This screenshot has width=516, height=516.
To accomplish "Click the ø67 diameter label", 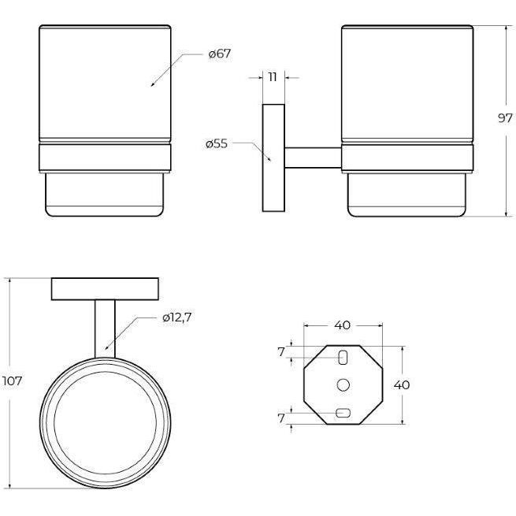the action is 220,54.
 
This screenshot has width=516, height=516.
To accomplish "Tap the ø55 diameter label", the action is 217,144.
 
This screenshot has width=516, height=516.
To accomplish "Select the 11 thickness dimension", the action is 273,77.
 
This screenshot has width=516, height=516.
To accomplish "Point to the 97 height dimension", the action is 505,118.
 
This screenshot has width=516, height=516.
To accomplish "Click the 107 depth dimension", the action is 12,381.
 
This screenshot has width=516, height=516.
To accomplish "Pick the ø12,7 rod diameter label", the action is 176,317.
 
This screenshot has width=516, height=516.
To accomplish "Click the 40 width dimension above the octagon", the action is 343,325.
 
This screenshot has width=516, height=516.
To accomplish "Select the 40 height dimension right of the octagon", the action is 402,384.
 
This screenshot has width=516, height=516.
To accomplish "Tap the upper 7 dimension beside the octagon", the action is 280,352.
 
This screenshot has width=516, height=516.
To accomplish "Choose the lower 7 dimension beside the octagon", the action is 280,418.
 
